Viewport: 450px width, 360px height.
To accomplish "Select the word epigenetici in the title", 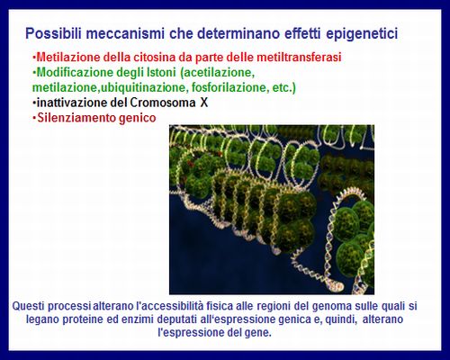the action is pos(362,34).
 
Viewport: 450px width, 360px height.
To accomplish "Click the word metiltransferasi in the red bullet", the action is pos(299,57).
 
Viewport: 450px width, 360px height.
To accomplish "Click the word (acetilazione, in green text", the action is pos(217,73).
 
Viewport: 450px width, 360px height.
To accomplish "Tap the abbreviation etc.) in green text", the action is pos(284,87).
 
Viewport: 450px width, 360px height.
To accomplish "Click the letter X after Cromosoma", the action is pos(204,103).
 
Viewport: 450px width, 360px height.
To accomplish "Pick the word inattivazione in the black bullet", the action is pos(72,103).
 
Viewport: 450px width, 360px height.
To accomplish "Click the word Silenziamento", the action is pos(76,118).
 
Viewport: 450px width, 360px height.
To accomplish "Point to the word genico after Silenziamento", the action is pos(138,118).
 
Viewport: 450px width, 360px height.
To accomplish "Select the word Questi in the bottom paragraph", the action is pos(29,306).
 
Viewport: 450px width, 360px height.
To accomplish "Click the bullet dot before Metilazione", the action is pos(34,57).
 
